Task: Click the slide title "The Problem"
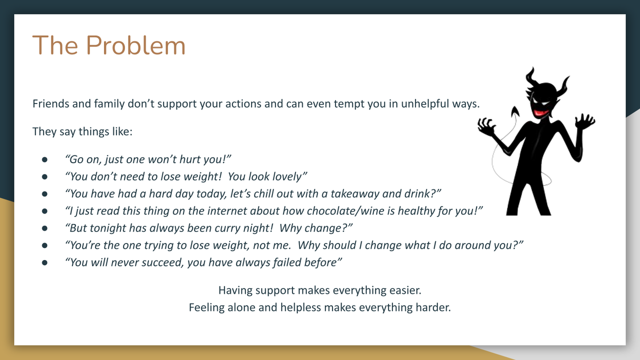109,45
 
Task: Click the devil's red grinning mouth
539,112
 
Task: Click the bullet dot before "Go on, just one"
44,159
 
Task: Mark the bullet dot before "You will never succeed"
44,262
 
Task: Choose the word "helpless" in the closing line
300,307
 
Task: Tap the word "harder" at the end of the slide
433,307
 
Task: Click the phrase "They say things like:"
82,131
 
